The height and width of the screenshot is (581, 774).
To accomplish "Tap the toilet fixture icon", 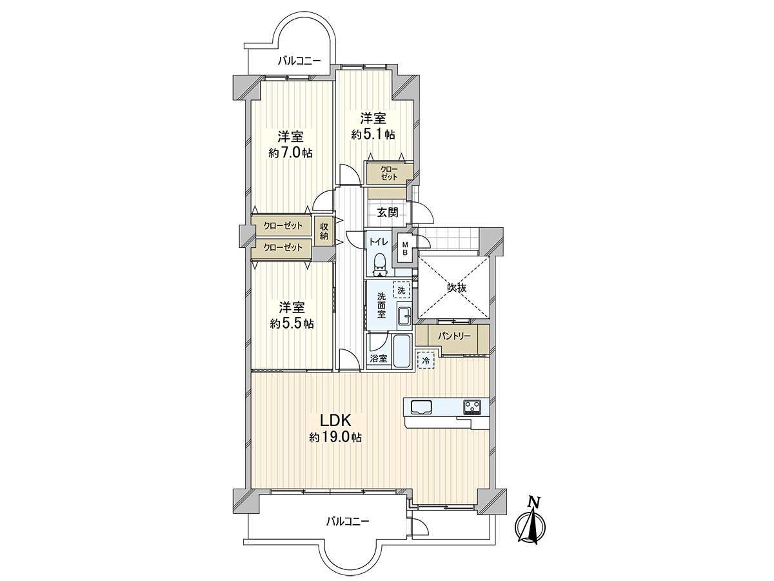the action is click(380, 265).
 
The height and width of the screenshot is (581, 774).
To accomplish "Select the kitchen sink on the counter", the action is click(421, 407).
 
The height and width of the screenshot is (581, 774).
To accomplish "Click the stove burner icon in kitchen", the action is click(471, 407).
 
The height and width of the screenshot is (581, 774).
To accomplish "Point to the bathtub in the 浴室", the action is click(401, 351).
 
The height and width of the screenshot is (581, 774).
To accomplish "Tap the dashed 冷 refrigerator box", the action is click(426, 360).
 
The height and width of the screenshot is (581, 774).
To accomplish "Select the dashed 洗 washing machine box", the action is click(402, 290).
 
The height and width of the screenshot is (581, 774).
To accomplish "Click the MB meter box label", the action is click(405, 249).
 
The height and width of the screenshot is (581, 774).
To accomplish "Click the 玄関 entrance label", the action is click(388, 212).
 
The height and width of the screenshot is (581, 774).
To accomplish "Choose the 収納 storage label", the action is click(324, 231).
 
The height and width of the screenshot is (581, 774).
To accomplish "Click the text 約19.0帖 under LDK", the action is click(335, 438).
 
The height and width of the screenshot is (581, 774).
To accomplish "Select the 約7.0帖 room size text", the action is click(290, 152).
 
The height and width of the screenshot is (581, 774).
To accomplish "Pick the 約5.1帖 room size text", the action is click(373, 134).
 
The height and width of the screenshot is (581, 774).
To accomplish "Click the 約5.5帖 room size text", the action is click(292, 323).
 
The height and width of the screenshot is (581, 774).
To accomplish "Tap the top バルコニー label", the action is click(299, 61).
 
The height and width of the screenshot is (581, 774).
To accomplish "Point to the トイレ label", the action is click(379, 241).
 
